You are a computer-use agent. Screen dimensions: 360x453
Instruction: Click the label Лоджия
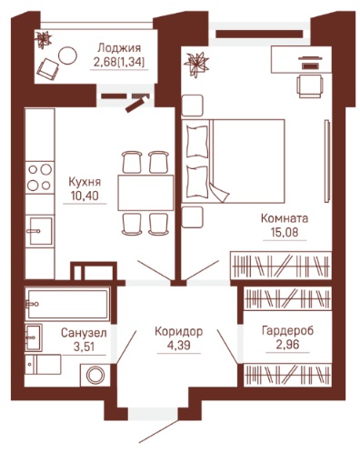119,48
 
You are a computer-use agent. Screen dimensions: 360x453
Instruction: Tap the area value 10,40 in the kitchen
85,196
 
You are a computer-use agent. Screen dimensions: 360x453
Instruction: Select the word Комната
285,218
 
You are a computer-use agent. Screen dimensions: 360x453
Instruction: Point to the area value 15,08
285,232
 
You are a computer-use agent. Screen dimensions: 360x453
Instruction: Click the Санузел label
84,333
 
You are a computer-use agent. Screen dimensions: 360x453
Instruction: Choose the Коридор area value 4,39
179,345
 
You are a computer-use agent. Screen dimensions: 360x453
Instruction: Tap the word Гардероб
288,330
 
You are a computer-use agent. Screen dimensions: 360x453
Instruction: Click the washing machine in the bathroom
95,376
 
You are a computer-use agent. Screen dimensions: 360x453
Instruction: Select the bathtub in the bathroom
67,304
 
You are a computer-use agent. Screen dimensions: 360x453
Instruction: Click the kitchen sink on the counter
40,230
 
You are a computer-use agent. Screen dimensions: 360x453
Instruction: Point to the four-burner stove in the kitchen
40,177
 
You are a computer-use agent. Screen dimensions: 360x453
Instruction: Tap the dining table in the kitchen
145,193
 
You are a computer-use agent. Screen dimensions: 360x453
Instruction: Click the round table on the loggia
68,55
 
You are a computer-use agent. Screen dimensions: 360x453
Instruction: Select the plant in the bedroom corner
196,65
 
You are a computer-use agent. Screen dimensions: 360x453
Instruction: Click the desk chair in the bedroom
309,86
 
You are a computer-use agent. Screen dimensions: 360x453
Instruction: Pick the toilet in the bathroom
43,364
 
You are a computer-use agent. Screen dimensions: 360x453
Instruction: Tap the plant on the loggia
44,39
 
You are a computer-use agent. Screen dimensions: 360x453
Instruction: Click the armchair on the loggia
47,69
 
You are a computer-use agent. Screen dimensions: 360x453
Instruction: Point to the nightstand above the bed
192,105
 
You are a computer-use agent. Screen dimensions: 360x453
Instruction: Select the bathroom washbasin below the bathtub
34,337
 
